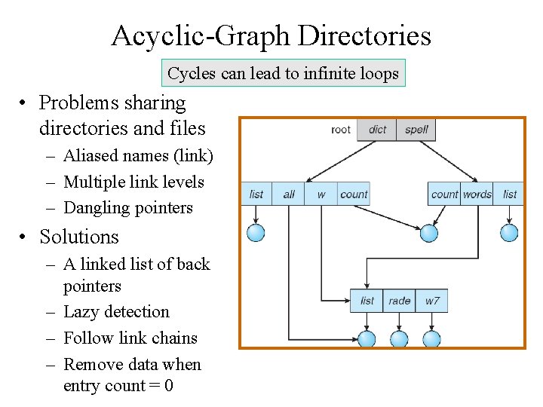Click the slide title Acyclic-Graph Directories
[271, 35]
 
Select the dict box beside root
[376, 130]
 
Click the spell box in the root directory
[416, 130]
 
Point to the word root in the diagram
[341, 130]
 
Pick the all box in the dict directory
[289, 194]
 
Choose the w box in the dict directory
[321, 194]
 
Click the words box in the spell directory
[477, 194]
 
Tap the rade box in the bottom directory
[399, 301]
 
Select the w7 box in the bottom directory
[432, 301]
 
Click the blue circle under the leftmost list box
[256, 232]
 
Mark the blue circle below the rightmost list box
[510, 232]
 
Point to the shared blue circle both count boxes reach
[429, 233]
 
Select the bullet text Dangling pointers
[128, 208]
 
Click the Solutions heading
[79, 237]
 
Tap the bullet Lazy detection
[116, 312]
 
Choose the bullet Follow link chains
[130, 338]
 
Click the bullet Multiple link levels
[133, 182]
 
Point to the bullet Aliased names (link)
[138, 156]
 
